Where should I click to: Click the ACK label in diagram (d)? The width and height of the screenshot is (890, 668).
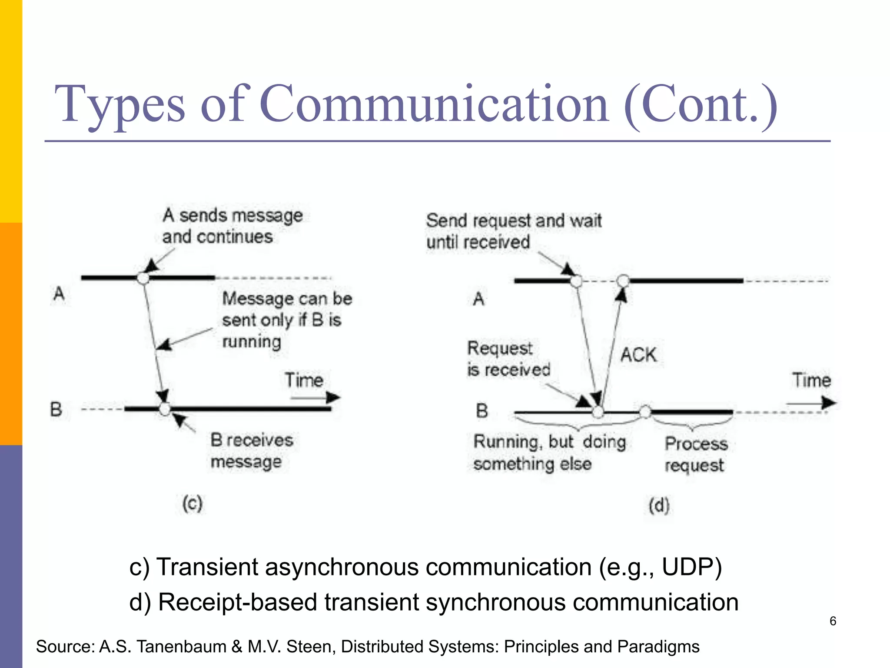(638, 354)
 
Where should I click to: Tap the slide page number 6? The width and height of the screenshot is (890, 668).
(833, 621)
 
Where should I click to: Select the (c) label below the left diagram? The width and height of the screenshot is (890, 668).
(193, 504)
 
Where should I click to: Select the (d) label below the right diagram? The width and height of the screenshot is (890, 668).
(659, 505)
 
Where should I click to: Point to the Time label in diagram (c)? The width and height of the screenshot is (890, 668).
(304, 380)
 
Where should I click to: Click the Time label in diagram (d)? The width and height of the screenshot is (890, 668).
(811, 380)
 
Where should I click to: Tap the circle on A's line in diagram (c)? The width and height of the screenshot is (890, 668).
(143, 278)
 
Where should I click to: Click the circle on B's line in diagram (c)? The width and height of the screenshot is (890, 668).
(165, 409)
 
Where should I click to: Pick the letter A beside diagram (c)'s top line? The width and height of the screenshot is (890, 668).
(59, 294)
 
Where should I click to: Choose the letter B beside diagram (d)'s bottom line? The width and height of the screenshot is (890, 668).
(482, 411)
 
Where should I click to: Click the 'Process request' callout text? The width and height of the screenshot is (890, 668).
(696, 454)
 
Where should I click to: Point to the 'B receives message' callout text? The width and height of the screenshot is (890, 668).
(252, 451)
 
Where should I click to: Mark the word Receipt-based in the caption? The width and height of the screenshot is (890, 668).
(237, 602)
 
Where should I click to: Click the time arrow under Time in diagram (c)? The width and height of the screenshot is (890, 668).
(315, 397)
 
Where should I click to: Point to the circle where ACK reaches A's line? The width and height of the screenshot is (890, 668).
(623, 281)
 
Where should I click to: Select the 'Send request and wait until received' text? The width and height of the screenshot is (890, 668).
(514, 231)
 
